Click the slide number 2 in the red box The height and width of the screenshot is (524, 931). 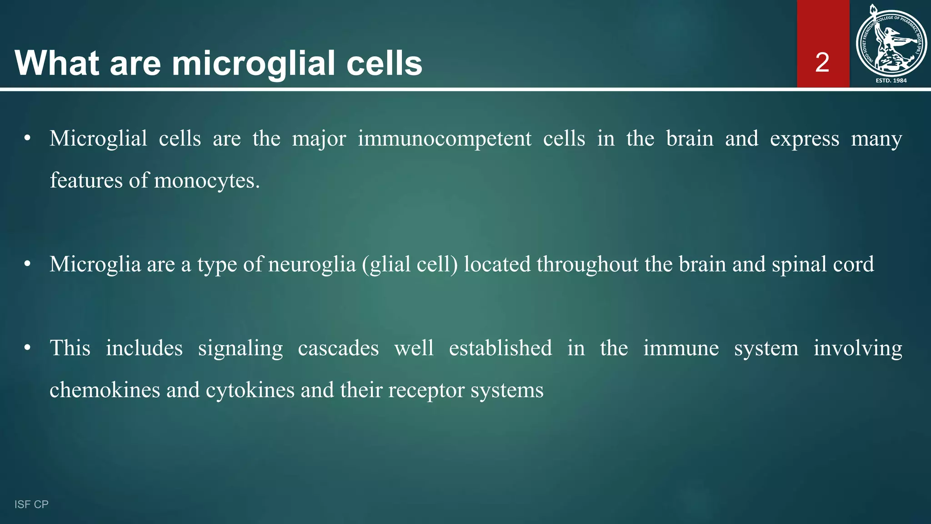click(x=822, y=63)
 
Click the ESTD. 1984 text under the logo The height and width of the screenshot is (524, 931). click(x=891, y=81)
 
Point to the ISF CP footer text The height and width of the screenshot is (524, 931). click(x=31, y=504)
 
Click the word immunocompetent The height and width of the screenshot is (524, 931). click(x=444, y=138)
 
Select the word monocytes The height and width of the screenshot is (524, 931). click(x=207, y=181)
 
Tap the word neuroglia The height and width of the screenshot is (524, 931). click(x=312, y=264)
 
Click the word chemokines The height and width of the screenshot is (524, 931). click(x=105, y=390)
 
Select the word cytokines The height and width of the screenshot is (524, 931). click(x=250, y=390)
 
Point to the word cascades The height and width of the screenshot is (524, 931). click(x=338, y=348)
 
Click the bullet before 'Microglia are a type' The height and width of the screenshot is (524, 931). click(x=27, y=264)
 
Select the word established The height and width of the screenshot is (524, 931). click(x=500, y=348)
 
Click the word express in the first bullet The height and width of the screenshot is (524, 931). click(x=804, y=138)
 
